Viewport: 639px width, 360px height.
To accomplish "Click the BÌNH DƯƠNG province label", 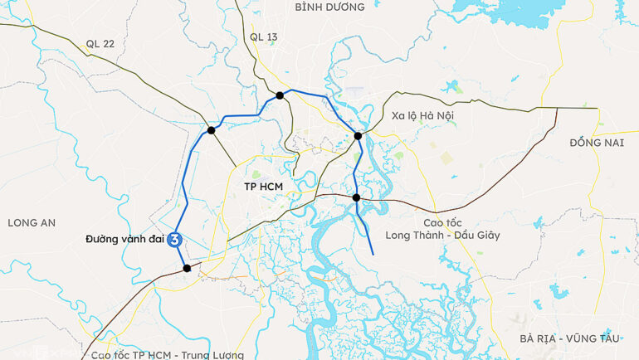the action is [x=329, y=7].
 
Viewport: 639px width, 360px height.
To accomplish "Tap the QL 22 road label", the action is [x=100, y=44].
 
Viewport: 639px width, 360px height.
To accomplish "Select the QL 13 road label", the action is [x=263, y=37].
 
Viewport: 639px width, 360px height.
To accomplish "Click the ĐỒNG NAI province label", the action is [x=597, y=143].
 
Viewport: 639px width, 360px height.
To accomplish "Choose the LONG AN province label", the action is [x=31, y=222].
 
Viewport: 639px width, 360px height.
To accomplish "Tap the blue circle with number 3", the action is [x=175, y=240].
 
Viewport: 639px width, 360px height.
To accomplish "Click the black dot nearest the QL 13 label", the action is [x=280, y=95].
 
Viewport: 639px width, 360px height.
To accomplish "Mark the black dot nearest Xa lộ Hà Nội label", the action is [x=358, y=136].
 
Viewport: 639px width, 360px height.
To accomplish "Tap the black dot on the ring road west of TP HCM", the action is [x=212, y=130].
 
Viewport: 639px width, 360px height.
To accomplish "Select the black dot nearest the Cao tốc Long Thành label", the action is [x=356, y=197].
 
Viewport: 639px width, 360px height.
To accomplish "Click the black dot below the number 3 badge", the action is [x=187, y=268].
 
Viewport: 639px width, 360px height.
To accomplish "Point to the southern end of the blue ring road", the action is [x=373, y=254].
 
